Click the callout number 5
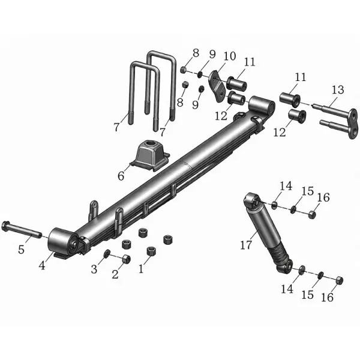pos(22,250)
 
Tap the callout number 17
pos(246,245)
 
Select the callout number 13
pos(338,89)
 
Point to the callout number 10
pos(230,56)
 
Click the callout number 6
pos(121,176)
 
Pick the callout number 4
pos(42,266)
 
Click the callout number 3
pos(94,269)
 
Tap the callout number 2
pos(115,274)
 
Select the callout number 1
pos(141,269)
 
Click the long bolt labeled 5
pos(22,230)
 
